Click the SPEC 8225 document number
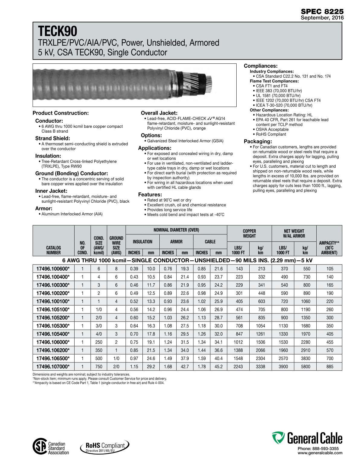pyautogui.click(x=322, y=11)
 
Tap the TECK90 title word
pyautogui.click(x=58, y=31)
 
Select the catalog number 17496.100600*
pyautogui.click(x=53, y=269)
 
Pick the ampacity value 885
pyautogui.click(x=330, y=367)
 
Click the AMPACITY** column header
pyautogui.click(x=329, y=248)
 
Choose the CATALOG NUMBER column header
pyautogui.click(x=53, y=250)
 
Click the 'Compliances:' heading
pyautogui.click(x=260, y=66)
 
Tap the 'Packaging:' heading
pyautogui.click(x=258, y=141)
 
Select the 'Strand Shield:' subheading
pyautogui.click(x=53, y=138)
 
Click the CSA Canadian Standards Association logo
pyautogui.click(x=51, y=448)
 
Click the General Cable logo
pyautogui.click(x=307, y=438)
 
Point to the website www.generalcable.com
pyautogui.click(x=320, y=453)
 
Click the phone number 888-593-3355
pyautogui.click(x=325, y=449)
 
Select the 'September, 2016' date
pyautogui.click(x=322, y=18)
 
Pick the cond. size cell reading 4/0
pyautogui.click(x=99, y=334)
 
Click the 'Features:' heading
pyautogui.click(x=150, y=195)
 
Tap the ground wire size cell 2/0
pyautogui.click(x=116, y=367)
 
